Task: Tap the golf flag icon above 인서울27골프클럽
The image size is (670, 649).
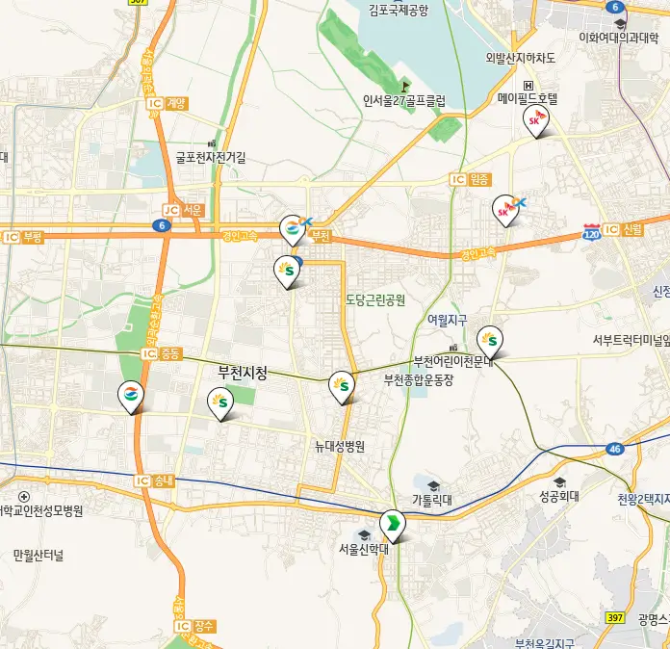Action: pyautogui.click(x=404, y=85)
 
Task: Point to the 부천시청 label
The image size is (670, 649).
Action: pyautogui.click(x=243, y=372)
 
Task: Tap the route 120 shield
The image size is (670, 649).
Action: pyautogui.click(x=592, y=233)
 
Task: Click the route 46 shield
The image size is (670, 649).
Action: pyautogui.click(x=615, y=449)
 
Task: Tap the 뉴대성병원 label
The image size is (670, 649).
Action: pyautogui.click(x=341, y=447)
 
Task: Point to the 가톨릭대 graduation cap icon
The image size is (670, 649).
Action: pyautogui.click(x=432, y=485)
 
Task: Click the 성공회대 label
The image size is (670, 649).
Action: pyautogui.click(x=558, y=497)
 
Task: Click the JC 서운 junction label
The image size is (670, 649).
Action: pyautogui.click(x=183, y=210)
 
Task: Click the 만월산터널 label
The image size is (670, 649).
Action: pyautogui.click(x=39, y=556)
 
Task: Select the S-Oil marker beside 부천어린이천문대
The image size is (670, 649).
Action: pyautogui.click(x=490, y=340)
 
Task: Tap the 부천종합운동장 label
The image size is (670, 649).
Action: pyautogui.click(x=418, y=379)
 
